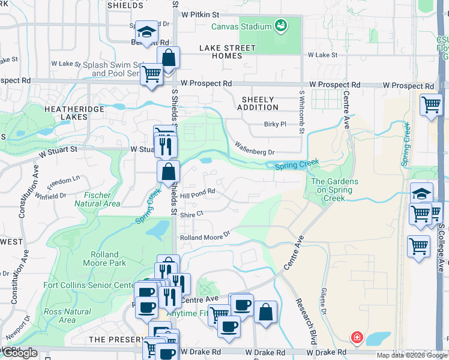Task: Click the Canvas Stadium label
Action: pos(241,26)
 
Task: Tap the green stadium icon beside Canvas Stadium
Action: pos(280,25)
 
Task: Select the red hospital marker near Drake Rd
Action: pos(357,338)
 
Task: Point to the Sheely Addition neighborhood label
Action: pos(258,103)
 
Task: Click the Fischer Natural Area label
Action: pos(97,199)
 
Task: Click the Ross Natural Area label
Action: pos(67,316)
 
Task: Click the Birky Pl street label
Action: pos(276,124)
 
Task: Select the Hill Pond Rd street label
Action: pos(197,194)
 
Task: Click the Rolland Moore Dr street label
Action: pos(205,236)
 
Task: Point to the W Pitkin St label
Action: pos(200,13)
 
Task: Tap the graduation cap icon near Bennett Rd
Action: pos(145,31)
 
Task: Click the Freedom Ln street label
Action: pos(63,180)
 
